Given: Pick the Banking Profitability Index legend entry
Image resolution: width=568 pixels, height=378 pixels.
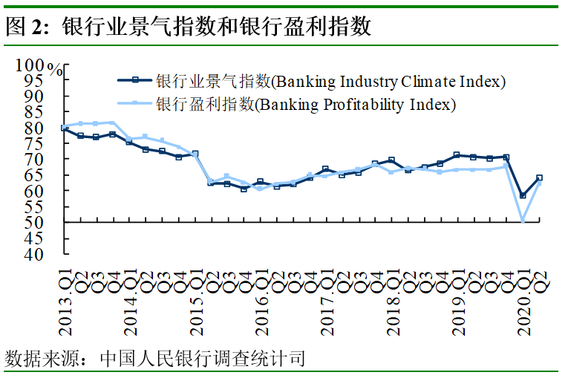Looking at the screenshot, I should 305,104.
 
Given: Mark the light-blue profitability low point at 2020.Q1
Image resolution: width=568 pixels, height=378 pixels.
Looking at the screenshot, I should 523,221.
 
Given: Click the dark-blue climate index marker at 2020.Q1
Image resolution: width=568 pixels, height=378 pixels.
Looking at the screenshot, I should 523,195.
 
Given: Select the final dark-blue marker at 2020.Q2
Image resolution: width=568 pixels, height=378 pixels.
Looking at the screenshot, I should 540,178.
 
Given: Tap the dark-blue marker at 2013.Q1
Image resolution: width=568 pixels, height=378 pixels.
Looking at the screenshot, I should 65,128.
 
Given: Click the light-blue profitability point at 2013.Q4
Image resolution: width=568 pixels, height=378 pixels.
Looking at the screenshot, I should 113,123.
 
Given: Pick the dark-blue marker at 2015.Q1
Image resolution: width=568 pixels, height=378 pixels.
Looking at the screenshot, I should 195,154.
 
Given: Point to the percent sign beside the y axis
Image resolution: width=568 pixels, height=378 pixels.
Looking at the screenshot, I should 55,69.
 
